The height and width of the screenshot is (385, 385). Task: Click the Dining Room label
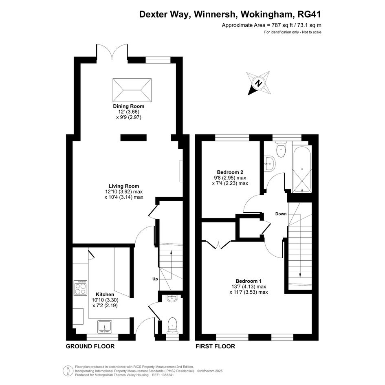(x=128, y=106)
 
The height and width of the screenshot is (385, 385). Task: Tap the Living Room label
(x=124, y=186)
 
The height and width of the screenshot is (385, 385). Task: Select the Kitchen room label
(x=105, y=295)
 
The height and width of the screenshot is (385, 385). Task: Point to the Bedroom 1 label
(x=249, y=281)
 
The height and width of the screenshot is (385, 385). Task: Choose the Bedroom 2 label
(x=230, y=172)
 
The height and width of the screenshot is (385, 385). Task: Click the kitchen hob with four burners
(x=81, y=288)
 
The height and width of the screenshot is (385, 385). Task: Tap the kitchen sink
(x=105, y=327)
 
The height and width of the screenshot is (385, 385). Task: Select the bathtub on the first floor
(x=302, y=169)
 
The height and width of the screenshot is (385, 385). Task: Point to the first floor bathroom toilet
(x=281, y=149)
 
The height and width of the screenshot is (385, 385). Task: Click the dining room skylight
(x=132, y=90)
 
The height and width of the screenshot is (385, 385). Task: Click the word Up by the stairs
(x=155, y=279)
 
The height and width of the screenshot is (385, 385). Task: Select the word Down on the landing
(x=281, y=214)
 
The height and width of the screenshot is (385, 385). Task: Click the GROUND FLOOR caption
(x=90, y=346)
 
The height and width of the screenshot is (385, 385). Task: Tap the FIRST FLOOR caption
(x=216, y=346)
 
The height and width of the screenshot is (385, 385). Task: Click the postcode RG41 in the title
(x=309, y=14)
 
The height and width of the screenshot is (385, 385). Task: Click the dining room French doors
(x=112, y=52)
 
